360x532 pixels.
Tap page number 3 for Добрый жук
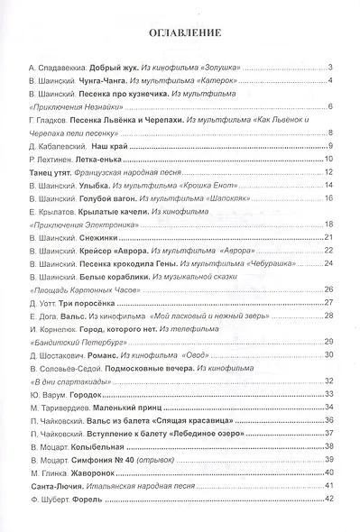(x=331, y=69)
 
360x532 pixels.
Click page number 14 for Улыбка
(x=330, y=185)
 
